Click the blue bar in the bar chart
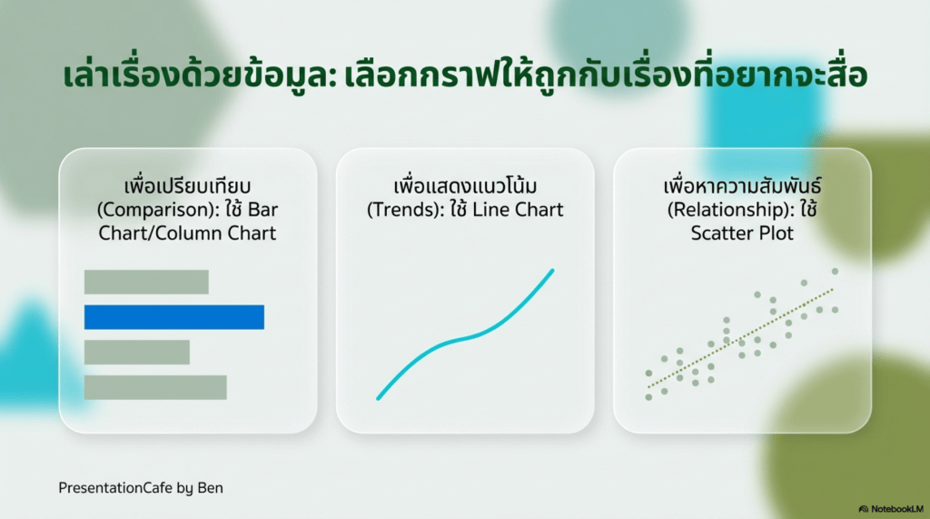pyautogui.click(x=173, y=317)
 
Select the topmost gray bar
pyautogui.click(x=146, y=282)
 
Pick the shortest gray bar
pyautogui.click(x=136, y=352)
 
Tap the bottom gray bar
pyautogui.click(x=154, y=387)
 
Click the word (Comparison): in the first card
pyautogui.click(x=158, y=210)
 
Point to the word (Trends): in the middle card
pyautogui.click(x=405, y=210)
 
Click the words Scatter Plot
pyautogui.click(x=742, y=234)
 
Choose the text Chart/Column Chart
pyautogui.click(x=187, y=234)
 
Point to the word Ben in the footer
pyautogui.click(x=210, y=488)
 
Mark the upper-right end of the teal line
pyautogui.click(x=553, y=270)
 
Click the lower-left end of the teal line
pyautogui.click(x=378, y=398)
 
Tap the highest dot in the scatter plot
pyautogui.click(x=836, y=272)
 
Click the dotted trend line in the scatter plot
pyautogui.click(x=741, y=338)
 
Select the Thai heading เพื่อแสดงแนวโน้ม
pyautogui.click(x=465, y=185)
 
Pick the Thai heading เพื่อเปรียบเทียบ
pyautogui.click(x=187, y=185)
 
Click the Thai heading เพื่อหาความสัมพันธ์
pyautogui.click(x=742, y=185)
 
